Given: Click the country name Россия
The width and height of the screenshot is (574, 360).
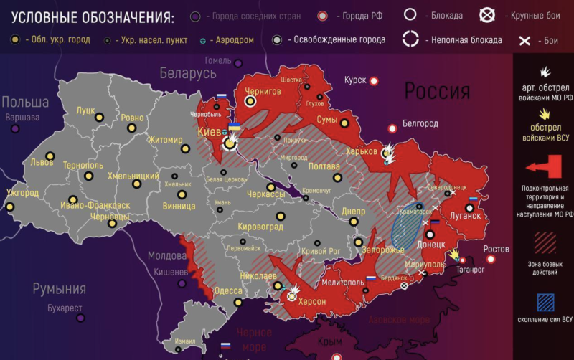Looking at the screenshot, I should (437, 91).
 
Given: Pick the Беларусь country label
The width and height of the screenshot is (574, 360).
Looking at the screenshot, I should (188, 73).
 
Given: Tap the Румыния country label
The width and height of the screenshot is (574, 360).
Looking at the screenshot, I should (59, 289).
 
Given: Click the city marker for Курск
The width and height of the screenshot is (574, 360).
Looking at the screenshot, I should (373, 81).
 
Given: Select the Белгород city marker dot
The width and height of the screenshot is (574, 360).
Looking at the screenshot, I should (392, 129).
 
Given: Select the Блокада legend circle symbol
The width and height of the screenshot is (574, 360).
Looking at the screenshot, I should (411, 14).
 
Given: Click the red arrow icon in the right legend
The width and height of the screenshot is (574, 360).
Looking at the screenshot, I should (544, 169).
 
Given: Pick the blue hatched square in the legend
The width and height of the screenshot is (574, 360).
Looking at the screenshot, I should (545, 299).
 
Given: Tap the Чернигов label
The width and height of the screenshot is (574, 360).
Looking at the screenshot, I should (263, 92).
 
